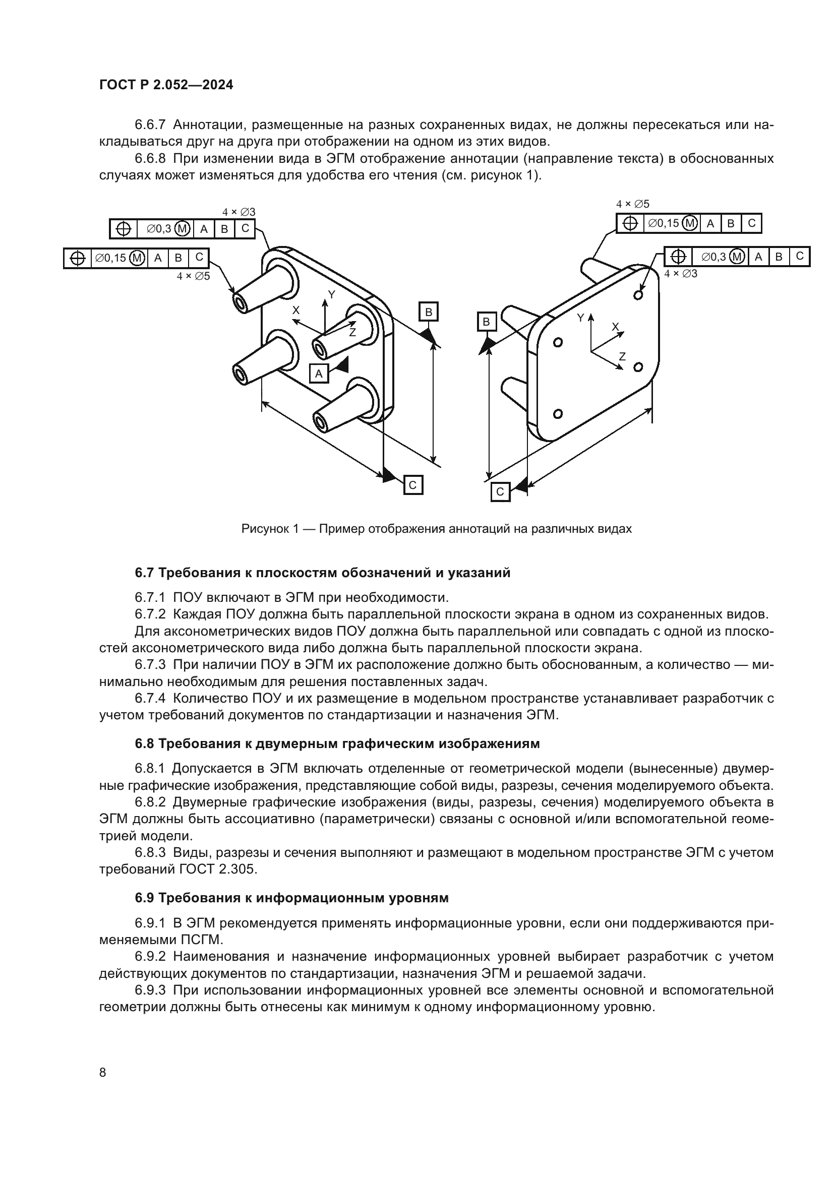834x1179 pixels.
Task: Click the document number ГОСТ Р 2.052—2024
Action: tap(166, 85)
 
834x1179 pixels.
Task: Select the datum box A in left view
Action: tap(318, 374)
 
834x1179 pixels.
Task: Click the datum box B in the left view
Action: tap(428, 312)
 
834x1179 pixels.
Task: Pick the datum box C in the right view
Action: tap(500, 492)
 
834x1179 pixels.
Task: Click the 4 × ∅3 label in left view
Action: tap(239, 212)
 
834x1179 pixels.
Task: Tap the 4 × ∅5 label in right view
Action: tap(633, 204)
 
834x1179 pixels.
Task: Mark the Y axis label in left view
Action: tap(332, 295)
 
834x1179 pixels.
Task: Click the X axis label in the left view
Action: tap(296, 310)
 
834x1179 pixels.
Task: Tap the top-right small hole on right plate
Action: tap(638, 295)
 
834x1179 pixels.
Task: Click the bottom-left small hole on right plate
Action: tap(558, 413)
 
